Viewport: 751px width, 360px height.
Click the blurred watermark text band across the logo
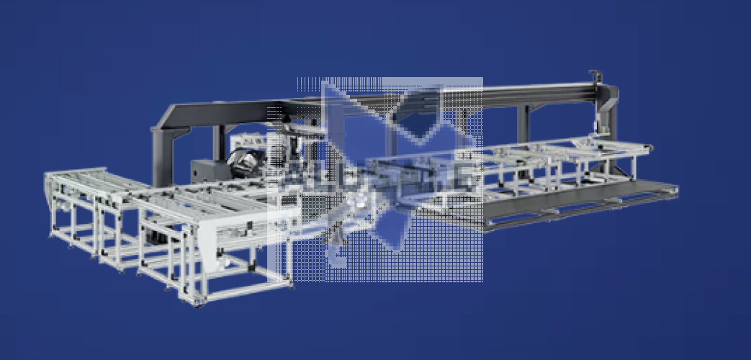coord(374,177)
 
